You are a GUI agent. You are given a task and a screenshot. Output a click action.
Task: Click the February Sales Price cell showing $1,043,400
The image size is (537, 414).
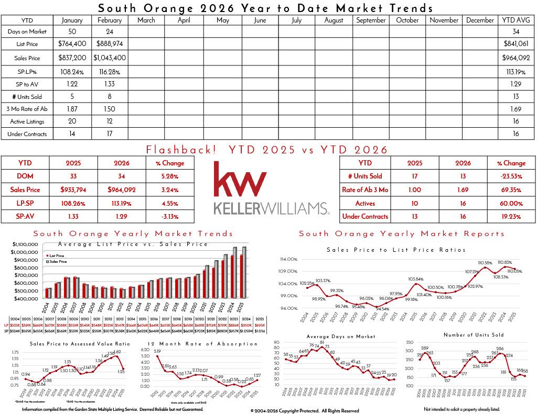point(110,58)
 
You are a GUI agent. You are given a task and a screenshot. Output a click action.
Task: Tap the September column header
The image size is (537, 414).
point(371,20)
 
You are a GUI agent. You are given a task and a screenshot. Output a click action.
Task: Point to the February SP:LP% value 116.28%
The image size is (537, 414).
point(110,71)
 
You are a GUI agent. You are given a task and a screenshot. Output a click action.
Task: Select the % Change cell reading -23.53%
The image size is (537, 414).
point(511,176)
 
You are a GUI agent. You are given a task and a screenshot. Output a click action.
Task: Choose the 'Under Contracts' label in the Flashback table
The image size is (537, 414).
point(365,216)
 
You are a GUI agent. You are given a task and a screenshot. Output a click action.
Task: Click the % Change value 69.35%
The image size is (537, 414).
point(511,190)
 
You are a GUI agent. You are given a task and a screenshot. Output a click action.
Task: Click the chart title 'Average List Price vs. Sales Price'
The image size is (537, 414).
point(133,244)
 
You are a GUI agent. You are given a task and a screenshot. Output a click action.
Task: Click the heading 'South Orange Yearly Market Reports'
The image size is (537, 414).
point(401,234)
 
